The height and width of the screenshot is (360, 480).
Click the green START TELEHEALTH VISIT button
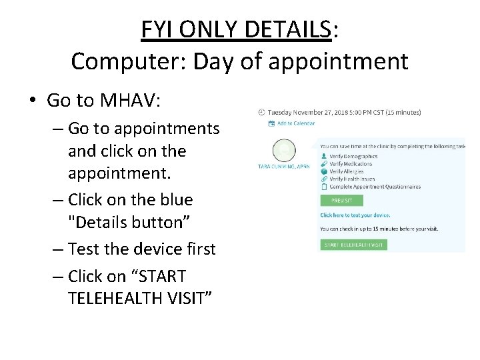(x=353, y=245)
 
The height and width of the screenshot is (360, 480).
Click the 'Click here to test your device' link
(x=355, y=215)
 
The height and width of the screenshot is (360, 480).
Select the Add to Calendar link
(x=296, y=123)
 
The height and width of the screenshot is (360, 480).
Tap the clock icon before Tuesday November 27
(x=261, y=112)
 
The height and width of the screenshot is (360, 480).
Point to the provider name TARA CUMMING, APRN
(x=285, y=166)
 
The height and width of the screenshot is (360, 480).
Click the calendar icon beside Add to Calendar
(x=271, y=123)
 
